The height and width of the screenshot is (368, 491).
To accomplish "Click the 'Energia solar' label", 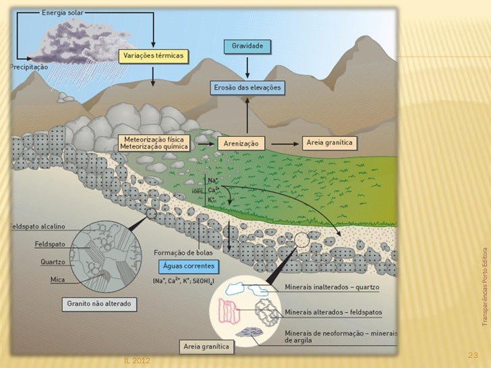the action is pos(63,13).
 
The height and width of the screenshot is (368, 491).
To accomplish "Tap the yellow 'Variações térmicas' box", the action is pos(153,56).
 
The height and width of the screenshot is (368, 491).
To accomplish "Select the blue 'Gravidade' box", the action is pos(248,46).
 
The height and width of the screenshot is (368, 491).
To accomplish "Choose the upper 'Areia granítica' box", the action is pos(332,142).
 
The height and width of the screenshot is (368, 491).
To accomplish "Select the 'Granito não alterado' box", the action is pos(99,304).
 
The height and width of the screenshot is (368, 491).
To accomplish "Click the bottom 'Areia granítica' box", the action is pos(206,347).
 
